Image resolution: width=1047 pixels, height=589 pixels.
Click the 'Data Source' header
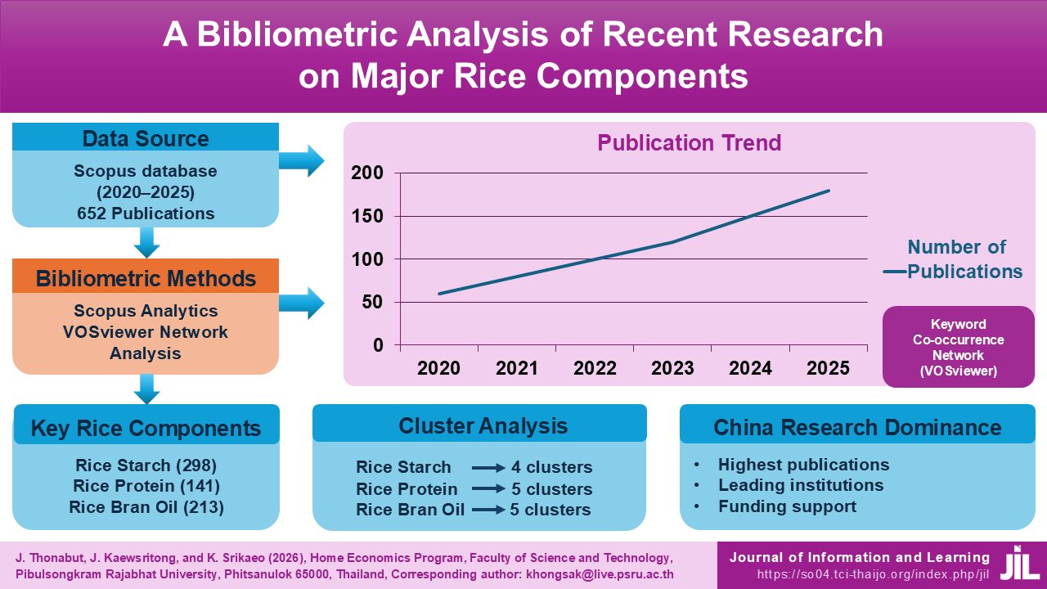coord(146,138)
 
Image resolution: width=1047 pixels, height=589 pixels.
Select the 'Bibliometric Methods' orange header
coord(146,277)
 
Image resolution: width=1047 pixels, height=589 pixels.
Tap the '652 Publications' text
coord(146,214)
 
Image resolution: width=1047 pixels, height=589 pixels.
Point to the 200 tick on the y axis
coord(367,173)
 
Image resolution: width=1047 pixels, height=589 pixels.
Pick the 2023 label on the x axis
coord(672,367)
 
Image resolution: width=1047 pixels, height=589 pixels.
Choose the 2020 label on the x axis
coord(439,367)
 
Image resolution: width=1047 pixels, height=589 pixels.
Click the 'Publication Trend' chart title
coord(689,143)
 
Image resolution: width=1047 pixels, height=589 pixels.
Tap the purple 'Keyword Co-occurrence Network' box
coord(958,346)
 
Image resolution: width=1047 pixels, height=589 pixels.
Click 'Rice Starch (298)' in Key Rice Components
coord(146,465)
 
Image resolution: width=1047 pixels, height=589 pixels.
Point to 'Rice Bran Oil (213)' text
coord(146,507)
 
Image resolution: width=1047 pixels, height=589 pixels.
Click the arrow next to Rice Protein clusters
coord(488,489)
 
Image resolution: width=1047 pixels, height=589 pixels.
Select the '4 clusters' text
coord(551,468)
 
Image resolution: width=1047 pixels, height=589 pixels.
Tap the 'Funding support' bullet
coord(787,506)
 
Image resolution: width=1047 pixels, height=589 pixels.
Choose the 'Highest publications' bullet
coord(803,465)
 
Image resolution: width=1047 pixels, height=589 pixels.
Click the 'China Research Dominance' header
coord(857,427)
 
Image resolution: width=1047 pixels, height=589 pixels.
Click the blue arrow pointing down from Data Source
coord(146,242)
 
